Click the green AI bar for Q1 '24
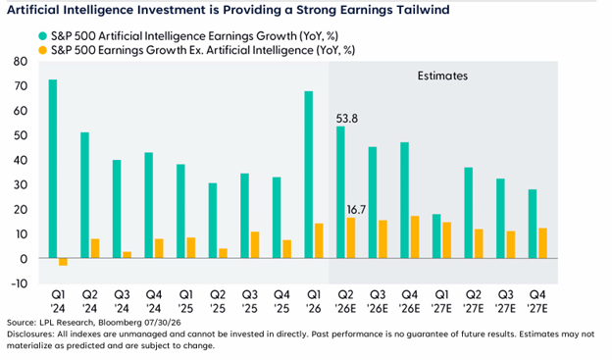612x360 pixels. coord(53,169)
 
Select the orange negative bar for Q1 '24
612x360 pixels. coord(63,262)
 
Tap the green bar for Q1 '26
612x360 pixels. coord(308,175)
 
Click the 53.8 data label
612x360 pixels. coord(347,119)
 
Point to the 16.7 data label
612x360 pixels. coord(356,210)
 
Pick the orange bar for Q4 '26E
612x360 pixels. coord(415,237)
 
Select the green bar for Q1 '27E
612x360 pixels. coord(436,236)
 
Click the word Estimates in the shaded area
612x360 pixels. coord(442,76)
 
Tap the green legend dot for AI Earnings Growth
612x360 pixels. coord(42,36)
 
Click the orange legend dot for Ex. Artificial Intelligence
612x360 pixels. coord(42,50)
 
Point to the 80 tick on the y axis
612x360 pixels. coord(21,61)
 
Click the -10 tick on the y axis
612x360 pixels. coord(20,283)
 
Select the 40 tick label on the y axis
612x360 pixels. coord(21,160)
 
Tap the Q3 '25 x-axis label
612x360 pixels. coord(250,301)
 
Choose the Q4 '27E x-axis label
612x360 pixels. coord(537,301)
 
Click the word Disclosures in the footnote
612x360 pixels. coord(30,334)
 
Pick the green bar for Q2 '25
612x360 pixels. coord(212,221)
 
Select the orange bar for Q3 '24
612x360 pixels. coord(127,255)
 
